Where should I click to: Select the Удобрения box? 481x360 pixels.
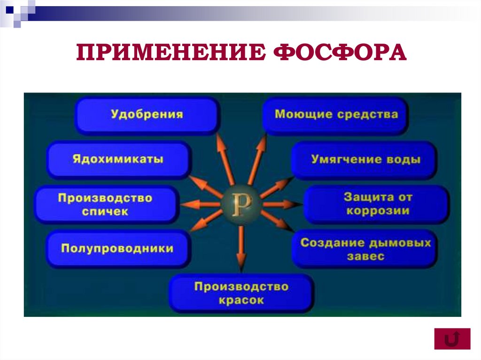click(147, 115)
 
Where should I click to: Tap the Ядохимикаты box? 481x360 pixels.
click(118, 159)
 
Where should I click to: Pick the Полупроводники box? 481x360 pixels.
click(117, 249)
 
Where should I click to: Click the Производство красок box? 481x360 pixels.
click(241, 293)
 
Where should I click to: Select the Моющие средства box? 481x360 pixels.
click(336, 115)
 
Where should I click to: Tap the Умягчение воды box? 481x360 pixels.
click(365, 160)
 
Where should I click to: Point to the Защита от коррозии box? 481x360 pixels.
click(377, 204)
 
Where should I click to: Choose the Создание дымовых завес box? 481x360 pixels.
click(365, 249)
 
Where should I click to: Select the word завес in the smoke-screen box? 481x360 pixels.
click(365, 256)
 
